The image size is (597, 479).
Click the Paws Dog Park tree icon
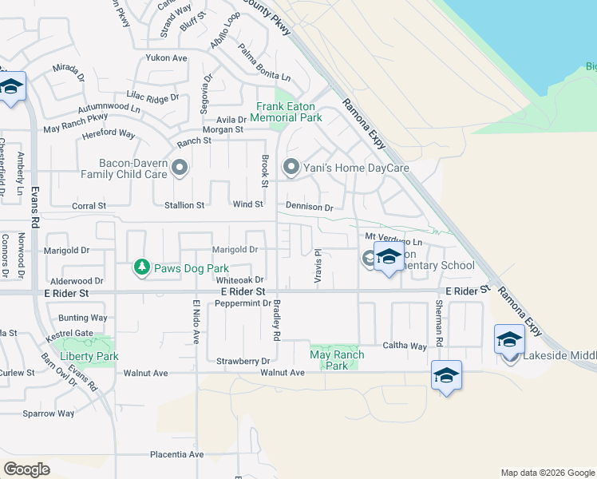(x=142, y=267)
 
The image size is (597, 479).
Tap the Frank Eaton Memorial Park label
(x=286, y=112)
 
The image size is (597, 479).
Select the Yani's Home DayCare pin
(x=291, y=168)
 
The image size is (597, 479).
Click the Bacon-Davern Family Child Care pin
(x=180, y=168)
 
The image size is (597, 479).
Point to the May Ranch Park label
(x=337, y=360)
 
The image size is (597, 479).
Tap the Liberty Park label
(x=89, y=356)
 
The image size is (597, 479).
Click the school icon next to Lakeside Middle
(x=508, y=339)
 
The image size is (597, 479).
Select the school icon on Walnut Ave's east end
(x=446, y=375)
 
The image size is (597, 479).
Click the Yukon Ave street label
(x=166, y=58)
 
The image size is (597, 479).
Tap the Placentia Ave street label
(x=176, y=455)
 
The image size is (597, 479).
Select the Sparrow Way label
(x=49, y=414)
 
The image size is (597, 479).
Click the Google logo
(x=27, y=469)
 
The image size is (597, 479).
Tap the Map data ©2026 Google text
(x=547, y=473)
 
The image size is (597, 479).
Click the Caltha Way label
(x=405, y=346)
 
